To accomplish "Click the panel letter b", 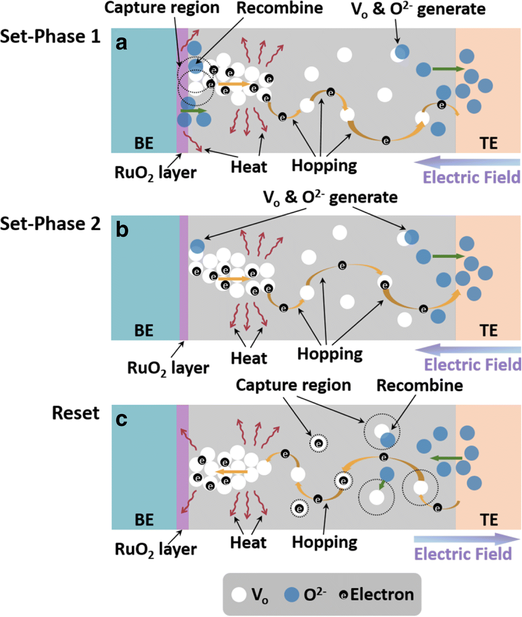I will tap(122, 230).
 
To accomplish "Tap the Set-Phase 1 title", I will tap(50, 36).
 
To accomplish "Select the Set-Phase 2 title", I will tap(50, 224).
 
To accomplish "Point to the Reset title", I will tap(76, 413).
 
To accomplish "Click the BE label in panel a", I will tap(144, 143).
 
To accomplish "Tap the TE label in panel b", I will tap(488, 330).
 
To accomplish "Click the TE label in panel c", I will tap(488, 519).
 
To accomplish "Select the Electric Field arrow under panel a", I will tap(467, 161).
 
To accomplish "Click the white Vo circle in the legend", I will tap(239, 594).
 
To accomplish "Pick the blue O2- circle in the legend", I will tap(291, 594).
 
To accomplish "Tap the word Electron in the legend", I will tap(382, 594).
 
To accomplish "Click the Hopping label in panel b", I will tap(330, 354).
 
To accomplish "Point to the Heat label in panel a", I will tap(249, 167).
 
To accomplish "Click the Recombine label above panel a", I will tap(279, 8).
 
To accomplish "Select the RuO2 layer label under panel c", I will tap(156, 549).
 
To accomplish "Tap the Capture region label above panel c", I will tap(293, 385).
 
